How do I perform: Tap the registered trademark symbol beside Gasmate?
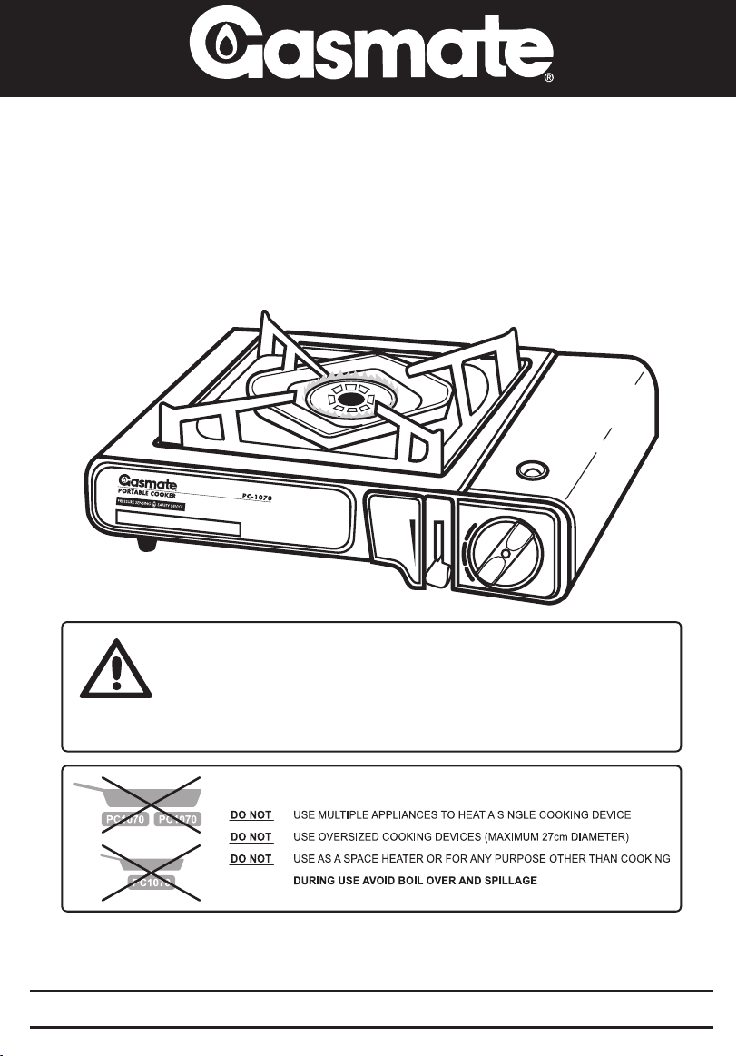click(x=549, y=79)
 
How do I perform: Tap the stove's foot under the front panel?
click(x=146, y=544)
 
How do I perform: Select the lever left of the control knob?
click(x=398, y=537)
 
